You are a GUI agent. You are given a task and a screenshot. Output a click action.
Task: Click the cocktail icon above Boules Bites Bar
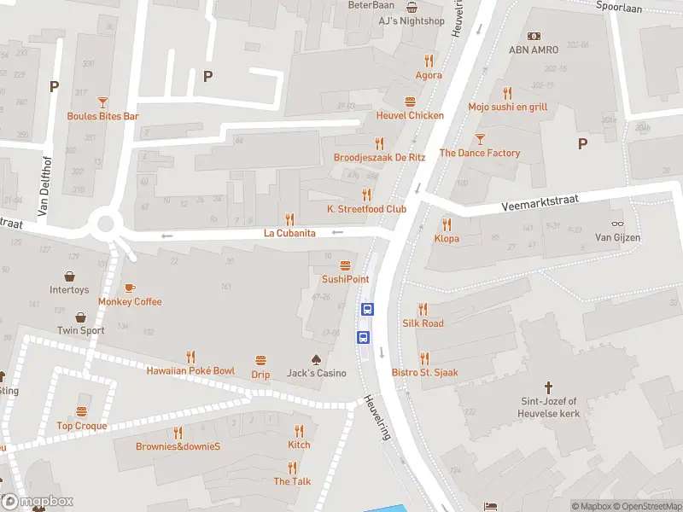[103, 102]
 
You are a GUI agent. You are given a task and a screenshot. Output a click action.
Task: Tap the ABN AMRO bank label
[534, 49]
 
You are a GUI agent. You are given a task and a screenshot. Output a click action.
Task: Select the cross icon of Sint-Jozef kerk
[550, 387]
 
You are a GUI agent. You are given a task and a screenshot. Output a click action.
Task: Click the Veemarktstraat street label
[540, 202]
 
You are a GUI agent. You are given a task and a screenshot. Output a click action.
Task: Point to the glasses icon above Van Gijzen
[617, 223]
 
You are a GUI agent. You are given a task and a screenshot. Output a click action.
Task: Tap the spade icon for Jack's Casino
[316, 359]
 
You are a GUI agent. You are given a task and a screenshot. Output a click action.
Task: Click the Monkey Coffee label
[130, 301]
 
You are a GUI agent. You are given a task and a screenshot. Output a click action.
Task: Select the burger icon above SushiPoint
[346, 265]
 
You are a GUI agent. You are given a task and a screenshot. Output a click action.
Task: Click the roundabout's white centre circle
[107, 225]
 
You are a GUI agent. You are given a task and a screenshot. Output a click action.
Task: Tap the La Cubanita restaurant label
[289, 233]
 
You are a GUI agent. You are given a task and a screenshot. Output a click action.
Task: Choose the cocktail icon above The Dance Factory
[480, 139]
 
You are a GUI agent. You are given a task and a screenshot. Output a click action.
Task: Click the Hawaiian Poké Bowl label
[190, 371]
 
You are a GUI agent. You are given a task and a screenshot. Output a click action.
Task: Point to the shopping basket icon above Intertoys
[69, 277]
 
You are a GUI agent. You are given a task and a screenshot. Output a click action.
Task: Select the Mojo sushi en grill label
[507, 107]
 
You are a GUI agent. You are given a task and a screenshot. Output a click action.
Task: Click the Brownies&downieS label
[178, 446]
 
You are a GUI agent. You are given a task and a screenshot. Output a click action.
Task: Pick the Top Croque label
[82, 426]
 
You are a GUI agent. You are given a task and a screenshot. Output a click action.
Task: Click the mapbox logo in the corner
[38, 502]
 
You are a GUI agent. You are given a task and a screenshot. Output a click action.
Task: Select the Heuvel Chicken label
[410, 115]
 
